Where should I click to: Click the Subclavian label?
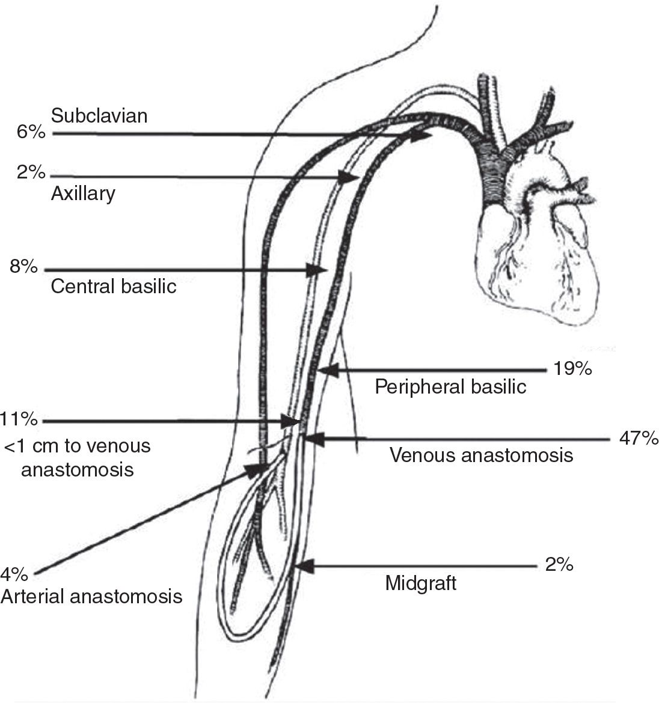tap(99, 115)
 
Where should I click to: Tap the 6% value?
tap(31, 132)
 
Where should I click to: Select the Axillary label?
tap(83, 193)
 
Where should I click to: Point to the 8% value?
tap(23, 266)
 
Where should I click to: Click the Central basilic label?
tap(114, 286)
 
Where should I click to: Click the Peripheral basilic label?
tap(450, 386)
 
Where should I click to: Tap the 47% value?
tap(639, 439)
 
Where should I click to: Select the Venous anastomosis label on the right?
tap(481, 455)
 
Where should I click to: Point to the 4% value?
tap(14, 575)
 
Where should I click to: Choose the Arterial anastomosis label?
tap(91, 596)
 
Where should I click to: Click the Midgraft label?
tap(420, 583)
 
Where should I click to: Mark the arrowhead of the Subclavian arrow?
tap(423, 136)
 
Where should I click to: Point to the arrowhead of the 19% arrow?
tap(328, 371)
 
